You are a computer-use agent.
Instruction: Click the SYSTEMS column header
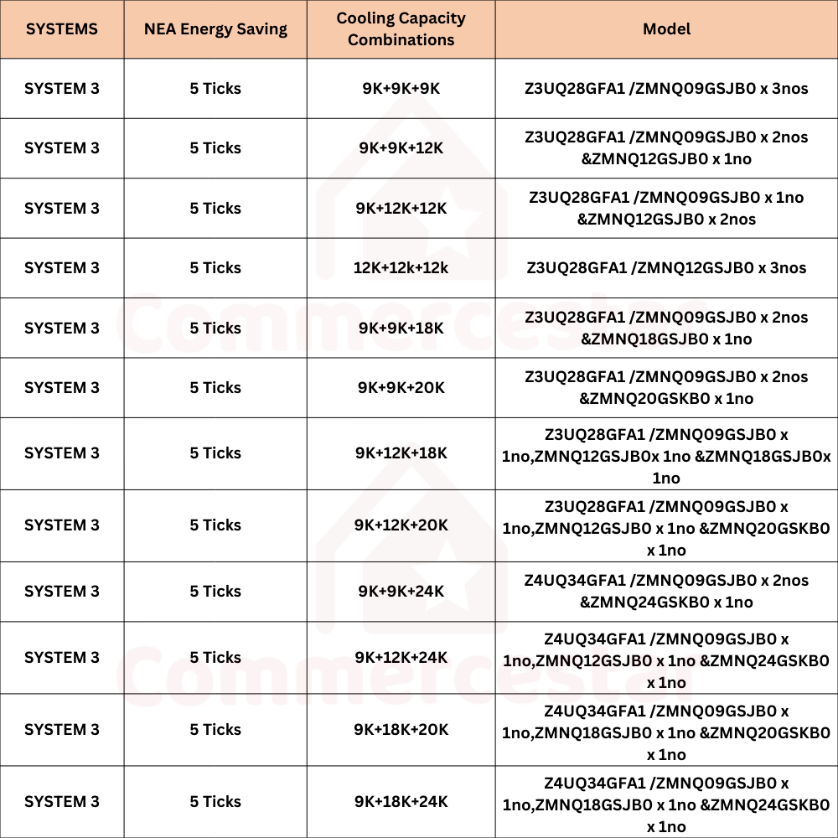tap(62, 29)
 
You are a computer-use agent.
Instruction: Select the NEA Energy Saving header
tap(215, 29)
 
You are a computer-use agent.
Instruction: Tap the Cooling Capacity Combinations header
tap(401, 29)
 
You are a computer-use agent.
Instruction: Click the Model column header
tap(666, 29)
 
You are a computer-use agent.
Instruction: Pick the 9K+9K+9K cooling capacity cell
tap(401, 89)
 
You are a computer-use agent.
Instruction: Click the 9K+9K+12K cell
tap(401, 148)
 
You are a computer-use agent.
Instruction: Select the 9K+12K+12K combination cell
tap(401, 209)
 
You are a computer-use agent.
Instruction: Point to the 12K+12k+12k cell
tap(401, 268)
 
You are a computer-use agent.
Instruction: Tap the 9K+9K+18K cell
tap(401, 328)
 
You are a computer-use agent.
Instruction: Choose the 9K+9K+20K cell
tap(401, 388)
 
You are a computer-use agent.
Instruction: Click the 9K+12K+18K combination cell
tap(401, 453)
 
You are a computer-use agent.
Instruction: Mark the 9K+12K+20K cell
tap(401, 525)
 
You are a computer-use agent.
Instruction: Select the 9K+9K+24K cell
tap(401, 592)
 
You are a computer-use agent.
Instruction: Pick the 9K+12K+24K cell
tap(401, 658)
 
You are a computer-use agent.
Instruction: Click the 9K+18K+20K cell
tap(401, 730)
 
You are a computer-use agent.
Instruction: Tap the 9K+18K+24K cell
tap(401, 802)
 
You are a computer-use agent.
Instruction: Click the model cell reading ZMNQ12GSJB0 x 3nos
tap(666, 268)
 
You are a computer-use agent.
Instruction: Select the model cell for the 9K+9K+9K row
tap(666, 89)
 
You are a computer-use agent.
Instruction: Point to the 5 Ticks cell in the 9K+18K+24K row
tap(215, 802)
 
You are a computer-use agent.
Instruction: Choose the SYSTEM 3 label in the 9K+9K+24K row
tap(62, 592)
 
